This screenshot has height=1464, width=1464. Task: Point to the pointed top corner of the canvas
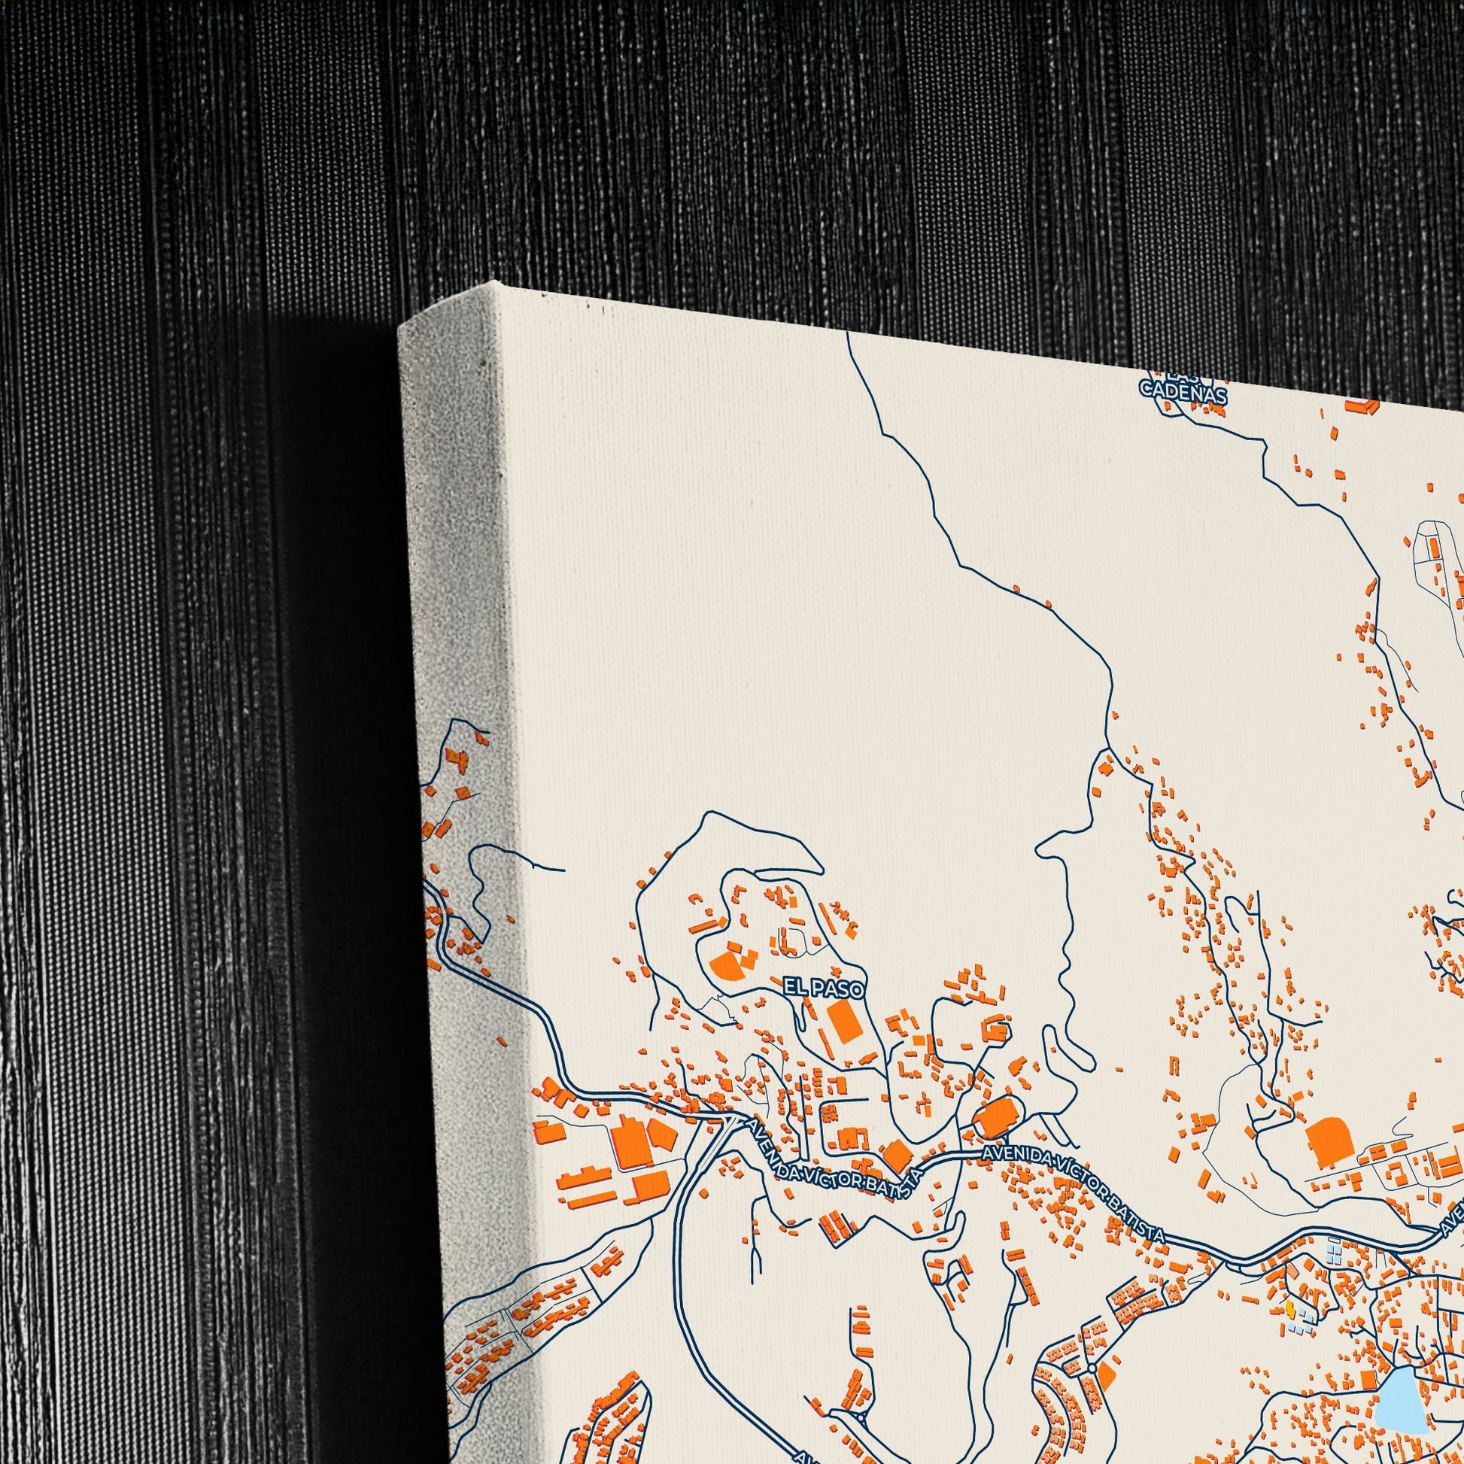(x=494, y=283)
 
